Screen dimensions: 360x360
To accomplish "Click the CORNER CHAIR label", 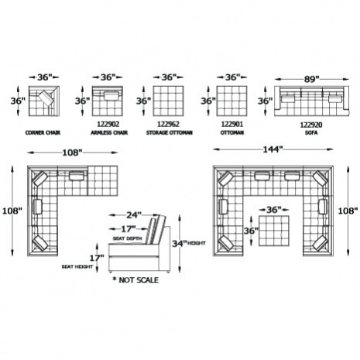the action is tap(43, 132).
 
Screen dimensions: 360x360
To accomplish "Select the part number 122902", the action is tap(108, 124).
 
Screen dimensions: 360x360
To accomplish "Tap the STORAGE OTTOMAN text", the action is tap(170, 132).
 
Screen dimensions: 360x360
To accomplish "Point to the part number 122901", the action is tap(232, 124).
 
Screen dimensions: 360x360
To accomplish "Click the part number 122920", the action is tap(311, 125).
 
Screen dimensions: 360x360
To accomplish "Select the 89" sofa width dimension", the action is tap(311, 79).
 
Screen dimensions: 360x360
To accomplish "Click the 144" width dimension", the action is tap(273, 149).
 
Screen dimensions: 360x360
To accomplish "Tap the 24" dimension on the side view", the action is tap(134, 214).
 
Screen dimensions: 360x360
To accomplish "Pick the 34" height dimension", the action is tap(179, 243).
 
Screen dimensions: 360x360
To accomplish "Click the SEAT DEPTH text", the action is tap(128, 238).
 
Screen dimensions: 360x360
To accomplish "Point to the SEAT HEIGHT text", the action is tap(77, 266).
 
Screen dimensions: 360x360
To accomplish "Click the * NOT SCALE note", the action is tap(135, 280).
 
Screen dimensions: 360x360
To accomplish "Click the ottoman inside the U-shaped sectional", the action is tap(274, 231).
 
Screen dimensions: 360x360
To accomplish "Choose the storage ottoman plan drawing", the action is tap(168, 101).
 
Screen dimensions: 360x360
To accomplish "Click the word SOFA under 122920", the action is tap(311, 133).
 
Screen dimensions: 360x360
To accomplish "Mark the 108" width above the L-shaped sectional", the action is tap(72, 153).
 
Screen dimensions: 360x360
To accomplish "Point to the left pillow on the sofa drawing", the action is tap(288, 99).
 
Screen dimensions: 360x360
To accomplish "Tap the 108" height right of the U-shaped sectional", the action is tap(348, 211).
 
